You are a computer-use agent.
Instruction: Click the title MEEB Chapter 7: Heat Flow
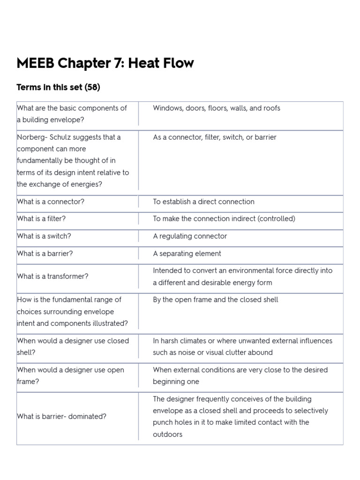[x=105, y=63]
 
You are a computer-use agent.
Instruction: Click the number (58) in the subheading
[x=92, y=87]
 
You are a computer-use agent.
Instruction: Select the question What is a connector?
[x=50, y=202]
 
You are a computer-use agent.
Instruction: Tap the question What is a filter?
[x=42, y=218]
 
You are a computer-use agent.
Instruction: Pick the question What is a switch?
[x=44, y=236]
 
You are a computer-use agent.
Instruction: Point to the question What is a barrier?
[x=45, y=253]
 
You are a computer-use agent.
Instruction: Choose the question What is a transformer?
[x=52, y=276]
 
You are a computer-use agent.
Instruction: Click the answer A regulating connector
[x=190, y=236]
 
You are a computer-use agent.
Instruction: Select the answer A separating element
[x=187, y=253]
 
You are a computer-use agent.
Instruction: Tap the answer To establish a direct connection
[x=203, y=202]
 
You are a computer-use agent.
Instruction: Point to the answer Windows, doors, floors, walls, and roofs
[x=217, y=108]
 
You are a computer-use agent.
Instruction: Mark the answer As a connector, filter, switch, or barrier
[x=215, y=137]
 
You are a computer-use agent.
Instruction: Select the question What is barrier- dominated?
[x=61, y=416]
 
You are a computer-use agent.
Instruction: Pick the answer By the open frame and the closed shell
[x=215, y=299]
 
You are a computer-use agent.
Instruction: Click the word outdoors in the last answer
[x=167, y=434]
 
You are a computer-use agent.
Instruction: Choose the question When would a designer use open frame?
[x=70, y=375]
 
